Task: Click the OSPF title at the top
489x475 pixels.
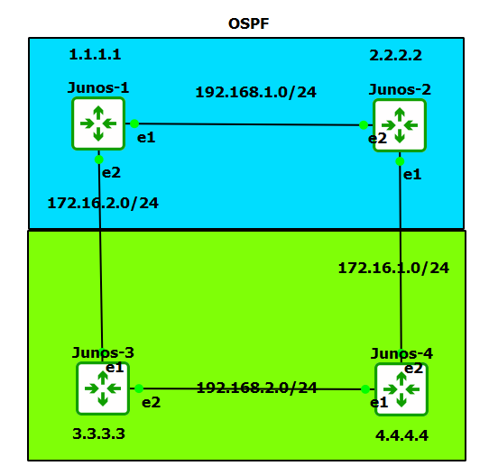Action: (248, 22)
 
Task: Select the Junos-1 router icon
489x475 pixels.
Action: (98, 123)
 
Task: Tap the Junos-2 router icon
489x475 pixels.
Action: (401, 125)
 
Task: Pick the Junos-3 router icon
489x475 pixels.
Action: (104, 388)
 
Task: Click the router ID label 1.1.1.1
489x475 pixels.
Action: (95, 55)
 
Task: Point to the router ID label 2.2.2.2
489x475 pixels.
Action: (395, 55)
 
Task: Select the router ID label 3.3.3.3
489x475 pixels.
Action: (98, 434)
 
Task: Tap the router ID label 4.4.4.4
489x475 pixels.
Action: (401, 435)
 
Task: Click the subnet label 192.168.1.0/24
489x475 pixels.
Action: (256, 92)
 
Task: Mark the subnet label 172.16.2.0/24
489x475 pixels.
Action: (103, 203)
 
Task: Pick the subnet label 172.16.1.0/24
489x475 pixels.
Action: (393, 268)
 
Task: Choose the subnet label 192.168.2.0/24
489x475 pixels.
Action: (257, 388)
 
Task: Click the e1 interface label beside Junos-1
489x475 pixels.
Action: (144, 137)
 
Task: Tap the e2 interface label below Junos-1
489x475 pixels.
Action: (111, 172)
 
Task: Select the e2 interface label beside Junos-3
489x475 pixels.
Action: (150, 402)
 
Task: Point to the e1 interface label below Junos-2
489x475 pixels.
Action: (411, 174)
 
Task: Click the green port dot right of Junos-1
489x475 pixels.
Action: (134, 123)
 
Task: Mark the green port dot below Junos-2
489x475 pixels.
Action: (401, 161)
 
